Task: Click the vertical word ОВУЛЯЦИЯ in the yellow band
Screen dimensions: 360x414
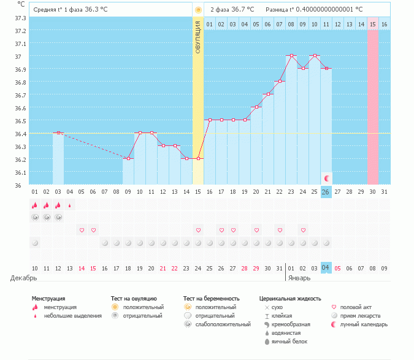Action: (x=198, y=37)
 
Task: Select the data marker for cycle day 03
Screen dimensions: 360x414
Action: (x=58, y=132)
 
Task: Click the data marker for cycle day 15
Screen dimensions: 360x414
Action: (x=198, y=158)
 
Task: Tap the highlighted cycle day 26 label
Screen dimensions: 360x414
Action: (x=326, y=192)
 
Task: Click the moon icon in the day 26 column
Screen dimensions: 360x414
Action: (x=326, y=178)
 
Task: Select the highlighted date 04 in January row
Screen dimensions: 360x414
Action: (x=326, y=268)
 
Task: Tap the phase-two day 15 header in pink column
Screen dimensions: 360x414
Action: (x=372, y=24)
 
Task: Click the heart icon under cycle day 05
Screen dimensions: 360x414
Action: (x=82, y=230)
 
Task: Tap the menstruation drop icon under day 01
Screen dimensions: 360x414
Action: (x=35, y=205)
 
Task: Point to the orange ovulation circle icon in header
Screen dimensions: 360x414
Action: (x=197, y=10)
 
